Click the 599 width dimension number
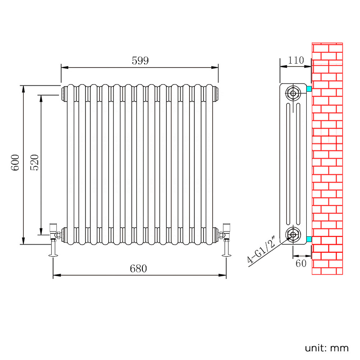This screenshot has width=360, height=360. tap(140, 61)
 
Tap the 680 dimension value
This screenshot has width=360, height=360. tap(138, 268)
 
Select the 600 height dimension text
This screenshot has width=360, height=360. tap(15, 163)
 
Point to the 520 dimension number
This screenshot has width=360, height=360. tap(35, 163)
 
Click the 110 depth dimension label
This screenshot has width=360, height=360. tap(296, 60)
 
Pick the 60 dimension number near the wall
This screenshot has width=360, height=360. tap(301, 263)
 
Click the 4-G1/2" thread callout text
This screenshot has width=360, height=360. tap(261, 250)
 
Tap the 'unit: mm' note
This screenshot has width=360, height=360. tap(327, 348)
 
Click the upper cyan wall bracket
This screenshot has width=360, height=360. tap(309, 89)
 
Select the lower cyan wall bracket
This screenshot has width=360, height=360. tap(309, 239)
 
